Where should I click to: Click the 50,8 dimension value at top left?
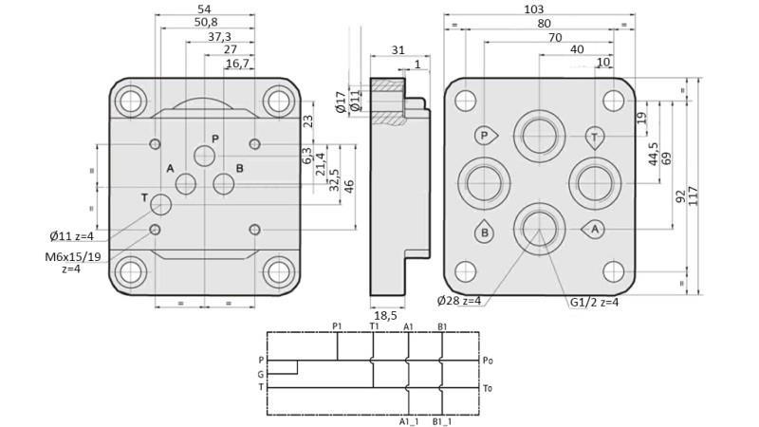click(x=206, y=22)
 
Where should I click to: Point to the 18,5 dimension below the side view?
click(x=384, y=315)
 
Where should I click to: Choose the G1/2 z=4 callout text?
click(x=595, y=302)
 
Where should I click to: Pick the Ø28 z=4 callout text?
click(x=458, y=301)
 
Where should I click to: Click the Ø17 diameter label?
click(x=341, y=102)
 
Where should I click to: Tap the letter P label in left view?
click(x=215, y=139)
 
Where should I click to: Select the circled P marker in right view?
click(x=485, y=136)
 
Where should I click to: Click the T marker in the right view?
click(x=594, y=137)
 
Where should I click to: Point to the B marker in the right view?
click(x=484, y=232)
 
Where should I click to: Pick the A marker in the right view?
click(x=594, y=230)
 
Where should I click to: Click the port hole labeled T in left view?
click(x=160, y=204)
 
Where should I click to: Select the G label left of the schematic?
click(x=261, y=374)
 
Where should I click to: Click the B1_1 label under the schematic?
click(x=442, y=420)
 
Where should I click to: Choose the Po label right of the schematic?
click(x=488, y=361)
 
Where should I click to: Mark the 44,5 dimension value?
click(x=654, y=154)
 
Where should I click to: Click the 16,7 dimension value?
click(x=237, y=64)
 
